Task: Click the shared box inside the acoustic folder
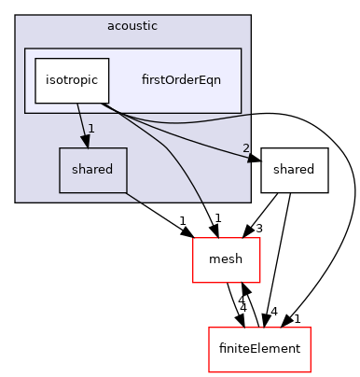tap(93, 170)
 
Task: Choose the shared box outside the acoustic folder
tap(294, 170)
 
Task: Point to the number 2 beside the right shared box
tap(245, 148)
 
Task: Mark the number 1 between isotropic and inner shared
tap(91, 128)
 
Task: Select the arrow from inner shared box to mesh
tap(159, 209)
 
